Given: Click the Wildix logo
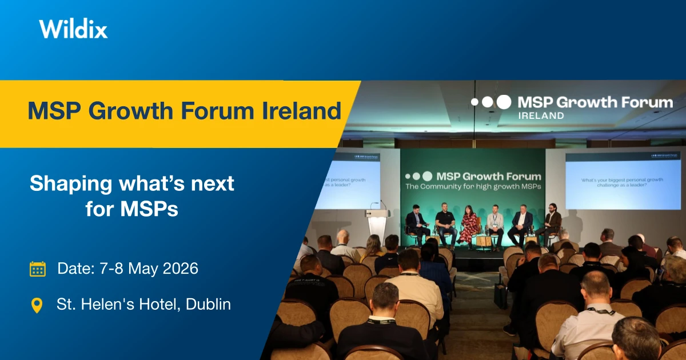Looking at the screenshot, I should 73,29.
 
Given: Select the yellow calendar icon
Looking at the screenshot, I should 38,269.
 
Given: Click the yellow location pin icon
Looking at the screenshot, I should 37,305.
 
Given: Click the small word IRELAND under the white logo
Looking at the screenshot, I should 540,115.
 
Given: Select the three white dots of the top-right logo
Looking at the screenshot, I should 491,102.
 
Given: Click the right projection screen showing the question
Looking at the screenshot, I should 622,180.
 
